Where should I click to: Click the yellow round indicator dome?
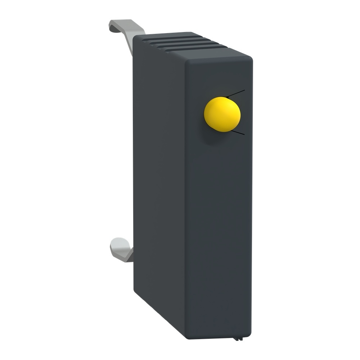[222, 114]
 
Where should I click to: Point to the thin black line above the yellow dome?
[236, 93]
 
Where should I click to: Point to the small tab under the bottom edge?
[238, 338]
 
